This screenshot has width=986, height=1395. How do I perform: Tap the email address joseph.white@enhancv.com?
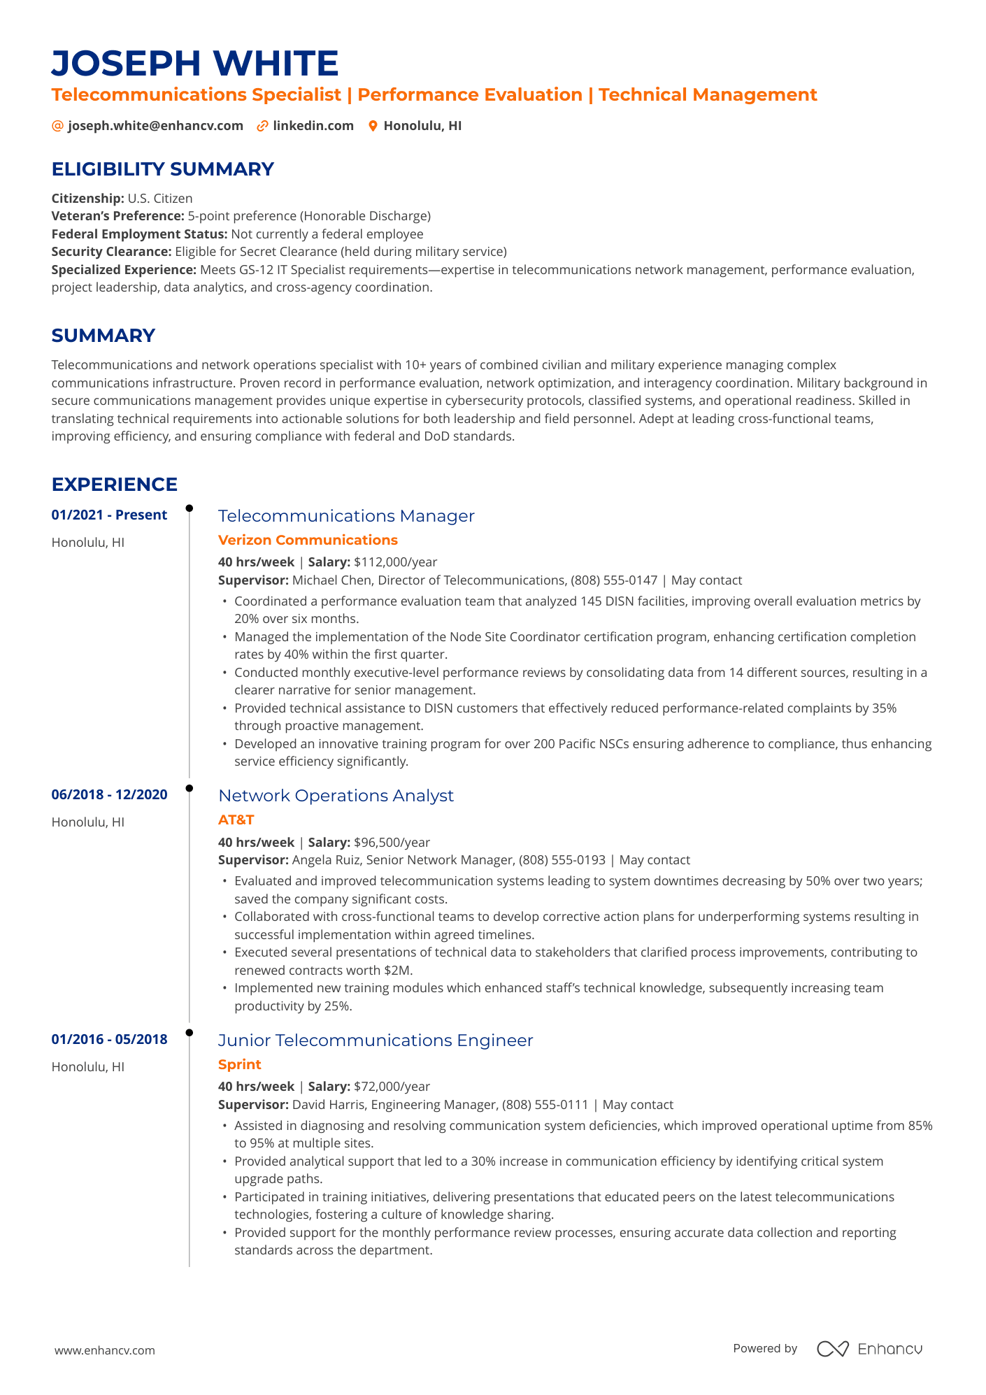[155, 126]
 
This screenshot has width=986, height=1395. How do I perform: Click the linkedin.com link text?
[313, 126]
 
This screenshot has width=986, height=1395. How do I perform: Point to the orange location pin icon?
[373, 126]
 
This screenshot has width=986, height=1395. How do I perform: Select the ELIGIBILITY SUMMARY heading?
[162, 169]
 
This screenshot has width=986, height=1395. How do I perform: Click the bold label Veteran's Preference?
[117, 216]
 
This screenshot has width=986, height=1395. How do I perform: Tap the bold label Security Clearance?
[111, 252]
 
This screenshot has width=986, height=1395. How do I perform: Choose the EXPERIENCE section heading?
[115, 485]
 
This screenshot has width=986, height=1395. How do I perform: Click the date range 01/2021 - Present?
[109, 515]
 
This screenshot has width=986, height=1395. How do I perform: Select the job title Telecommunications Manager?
[346, 516]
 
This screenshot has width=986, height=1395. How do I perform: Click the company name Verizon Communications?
[308, 540]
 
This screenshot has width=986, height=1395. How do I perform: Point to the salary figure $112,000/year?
[396, 562]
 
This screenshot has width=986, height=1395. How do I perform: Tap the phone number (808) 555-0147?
[614, 580]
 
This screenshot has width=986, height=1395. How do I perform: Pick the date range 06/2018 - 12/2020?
[109, 795]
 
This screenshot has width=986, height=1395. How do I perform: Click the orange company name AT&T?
[236, 820]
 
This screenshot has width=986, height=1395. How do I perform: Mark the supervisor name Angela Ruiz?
[325, 860]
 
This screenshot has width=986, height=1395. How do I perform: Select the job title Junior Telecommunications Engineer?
[376, 1040]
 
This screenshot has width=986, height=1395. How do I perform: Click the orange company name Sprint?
[239, 1064]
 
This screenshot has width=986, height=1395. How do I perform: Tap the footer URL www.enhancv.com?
[105, 1350]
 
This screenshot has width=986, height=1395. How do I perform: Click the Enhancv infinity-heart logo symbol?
[832, 1349]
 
